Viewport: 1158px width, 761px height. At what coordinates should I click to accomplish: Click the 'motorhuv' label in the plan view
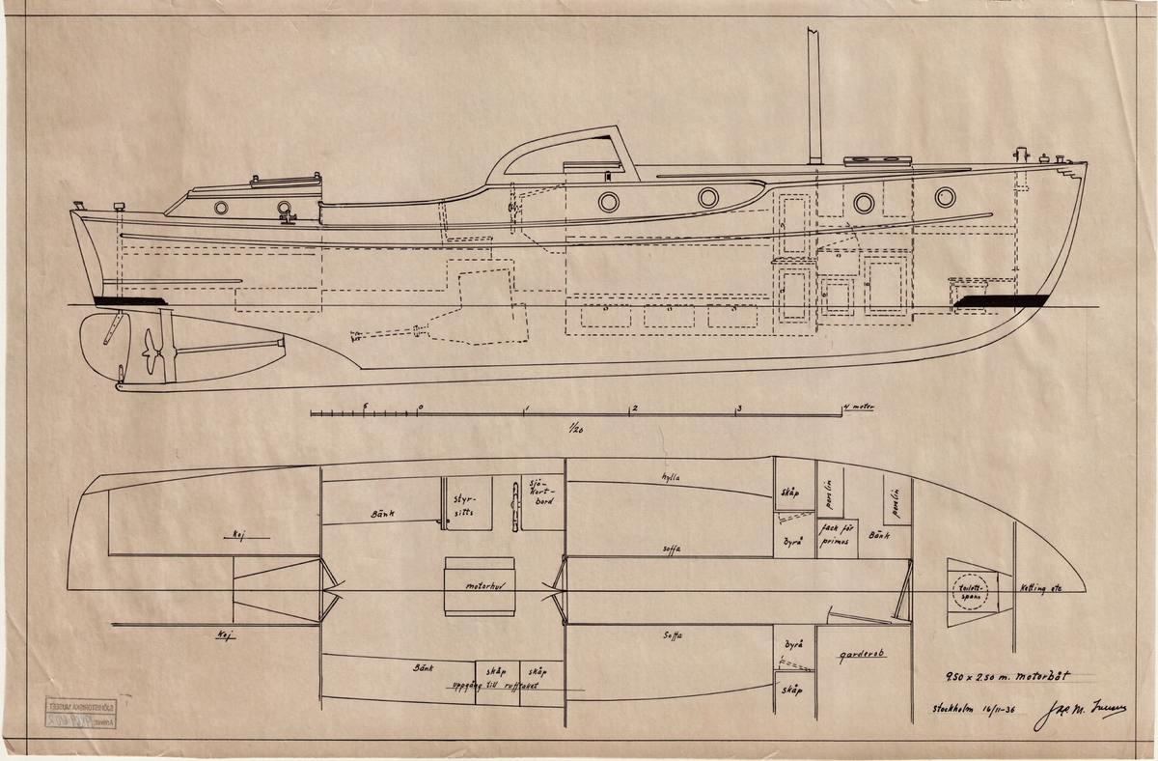click(479, 585)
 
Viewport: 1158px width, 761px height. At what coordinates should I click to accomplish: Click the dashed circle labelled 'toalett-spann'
click(967, 591)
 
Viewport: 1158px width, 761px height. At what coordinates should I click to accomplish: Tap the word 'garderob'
click(862, 653)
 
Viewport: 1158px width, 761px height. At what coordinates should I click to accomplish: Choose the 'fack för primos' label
click(833, 534)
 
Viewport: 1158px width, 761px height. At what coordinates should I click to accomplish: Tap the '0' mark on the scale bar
click(420, 407)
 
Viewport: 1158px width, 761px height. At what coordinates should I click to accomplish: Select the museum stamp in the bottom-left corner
click(79, 713)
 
